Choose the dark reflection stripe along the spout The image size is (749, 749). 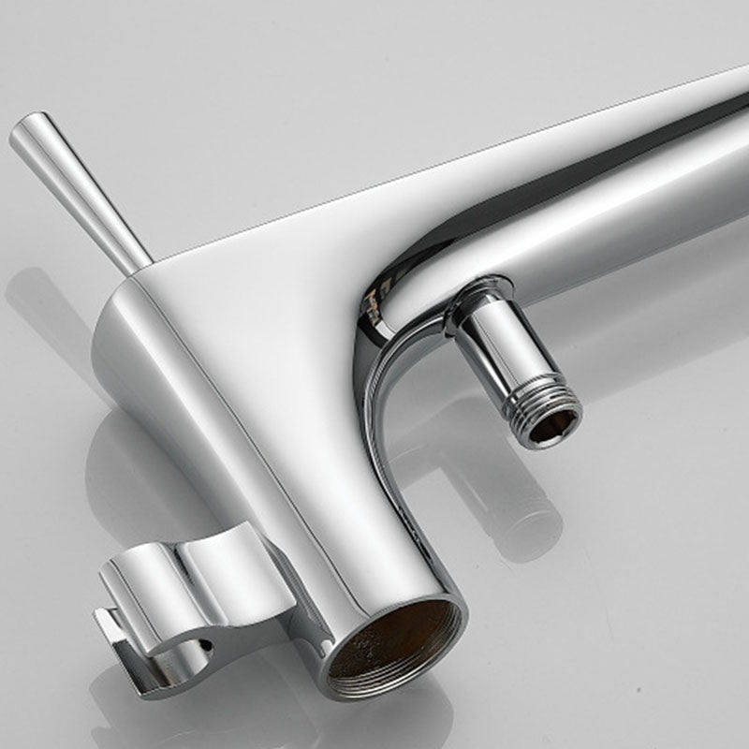(562, 187)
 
